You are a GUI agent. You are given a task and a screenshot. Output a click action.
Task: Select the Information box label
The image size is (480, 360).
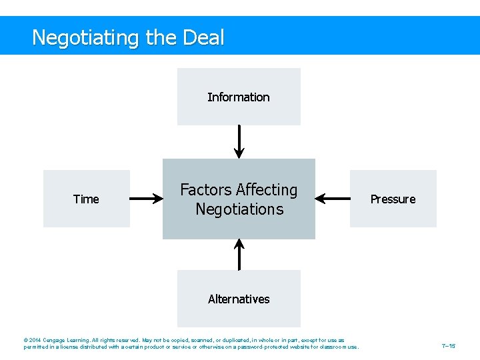pyautogui.click(x=238, y=97)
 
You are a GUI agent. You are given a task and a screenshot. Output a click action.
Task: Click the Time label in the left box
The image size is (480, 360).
pyautogui.click(x=86, y=199)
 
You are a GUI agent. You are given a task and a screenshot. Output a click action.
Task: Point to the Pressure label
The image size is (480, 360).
pyautogui.click(x=393, y=199)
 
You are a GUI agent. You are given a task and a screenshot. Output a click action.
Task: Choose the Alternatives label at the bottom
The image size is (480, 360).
pyautogui.click(x=239, y=299)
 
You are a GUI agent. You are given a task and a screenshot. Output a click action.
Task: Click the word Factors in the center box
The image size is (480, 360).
pyautogui.click(x=205, y=190)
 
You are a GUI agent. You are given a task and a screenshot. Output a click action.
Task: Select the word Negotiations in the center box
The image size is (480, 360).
pyautogui.click(x=239, y=209)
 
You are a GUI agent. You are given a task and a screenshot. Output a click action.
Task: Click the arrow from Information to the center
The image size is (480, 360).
pyautogui.click(x=239, y=141)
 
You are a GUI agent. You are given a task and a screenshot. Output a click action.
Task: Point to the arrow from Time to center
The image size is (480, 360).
pyautogui.click(x=147, y=198)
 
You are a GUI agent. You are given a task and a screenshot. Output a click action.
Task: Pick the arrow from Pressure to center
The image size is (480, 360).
pyautogui.click(x=332, y=198)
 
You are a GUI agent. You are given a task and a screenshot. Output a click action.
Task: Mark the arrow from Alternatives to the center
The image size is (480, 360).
pyautogui.click(x=239, y=255)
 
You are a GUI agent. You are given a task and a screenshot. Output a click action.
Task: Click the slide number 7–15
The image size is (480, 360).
pyautogui.click(x=449, y=346)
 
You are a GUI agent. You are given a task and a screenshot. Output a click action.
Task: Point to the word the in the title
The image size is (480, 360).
pyautogui.click(x=161, y=37)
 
